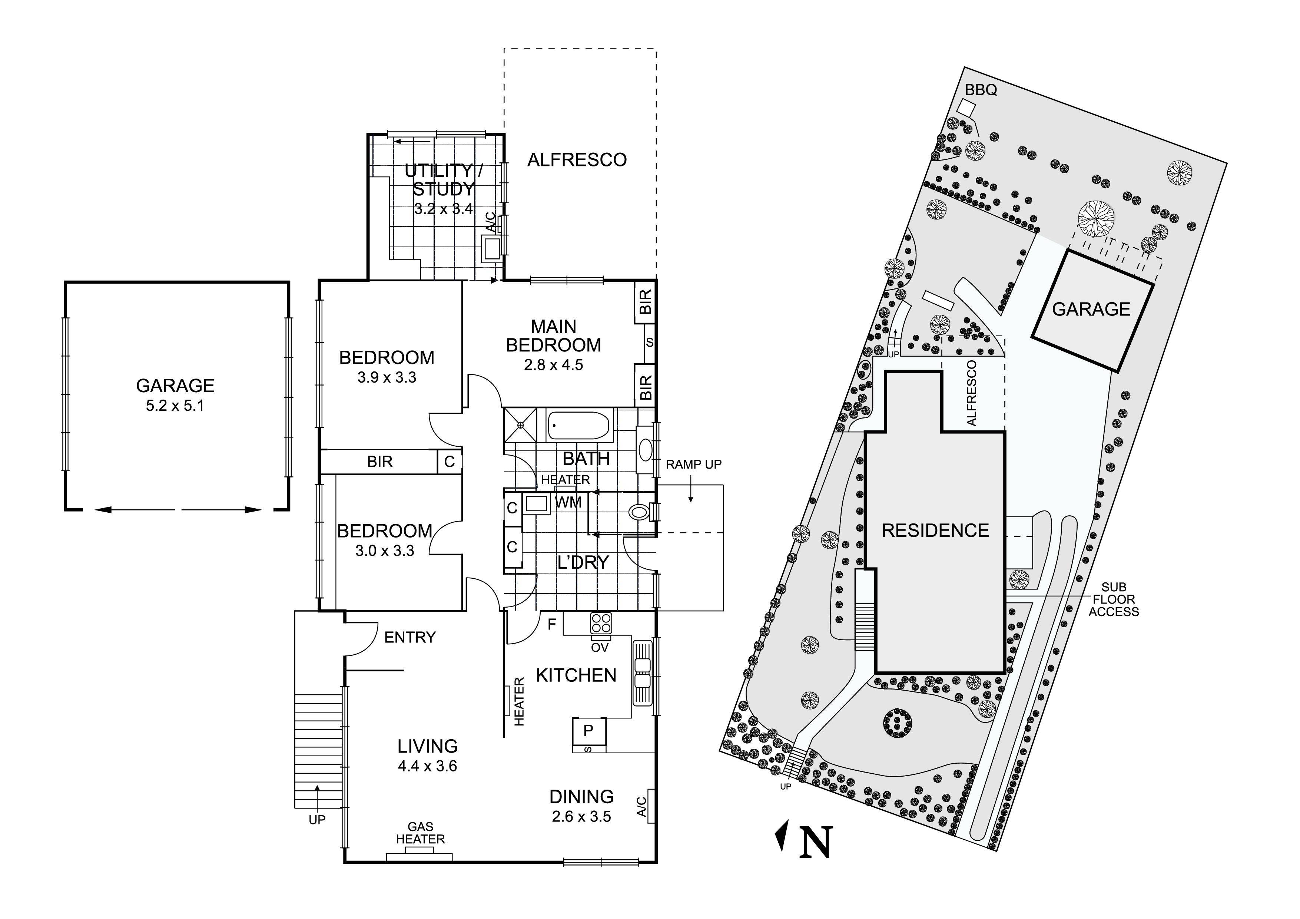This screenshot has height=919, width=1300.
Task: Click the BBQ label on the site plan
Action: point(981,90)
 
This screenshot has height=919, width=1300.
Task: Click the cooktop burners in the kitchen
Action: point(600,624)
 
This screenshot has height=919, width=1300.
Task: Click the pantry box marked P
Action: point(589,731)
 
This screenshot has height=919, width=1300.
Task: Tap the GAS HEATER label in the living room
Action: point(420,833)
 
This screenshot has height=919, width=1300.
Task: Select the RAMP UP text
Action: point(694,464)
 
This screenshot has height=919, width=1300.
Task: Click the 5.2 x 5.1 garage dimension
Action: point(175,406)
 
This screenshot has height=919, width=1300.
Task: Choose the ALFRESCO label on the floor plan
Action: point(577,160)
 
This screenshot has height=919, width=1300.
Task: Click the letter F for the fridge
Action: point(552,624)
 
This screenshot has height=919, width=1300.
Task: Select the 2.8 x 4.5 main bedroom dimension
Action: point(553,365)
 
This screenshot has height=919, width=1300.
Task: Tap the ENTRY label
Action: point(410,638)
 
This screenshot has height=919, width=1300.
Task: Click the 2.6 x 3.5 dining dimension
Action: point(581,817)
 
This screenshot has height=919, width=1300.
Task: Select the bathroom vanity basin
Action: point(646,450)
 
